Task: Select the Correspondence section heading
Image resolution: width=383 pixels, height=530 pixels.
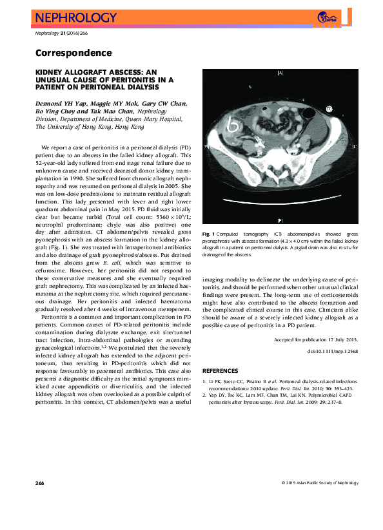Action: (73, 53)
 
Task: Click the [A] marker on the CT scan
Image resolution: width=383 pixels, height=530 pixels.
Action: (279, 73)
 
